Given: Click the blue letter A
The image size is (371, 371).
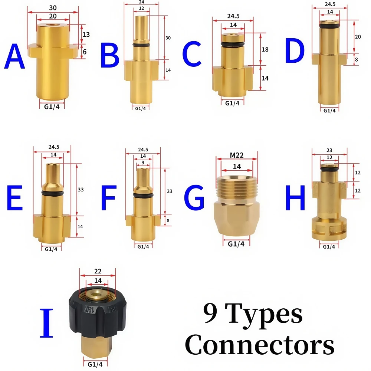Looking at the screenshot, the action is pos(15,56).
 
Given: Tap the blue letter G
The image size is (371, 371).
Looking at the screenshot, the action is pos(194,197).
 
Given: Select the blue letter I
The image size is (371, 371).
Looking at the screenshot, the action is pos(46,323).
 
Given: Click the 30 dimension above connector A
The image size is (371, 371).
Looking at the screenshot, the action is pos(53,8).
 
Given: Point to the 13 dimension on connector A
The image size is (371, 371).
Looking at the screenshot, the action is pos(86,35).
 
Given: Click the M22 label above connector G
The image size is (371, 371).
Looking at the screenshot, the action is pos(237,155).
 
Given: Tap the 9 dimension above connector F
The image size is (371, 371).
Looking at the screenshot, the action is pos(143,162).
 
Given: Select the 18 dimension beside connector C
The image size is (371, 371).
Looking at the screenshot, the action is pos(265,49).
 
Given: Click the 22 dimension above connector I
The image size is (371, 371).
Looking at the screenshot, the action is pos(98,271).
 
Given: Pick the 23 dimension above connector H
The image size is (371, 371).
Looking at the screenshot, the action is pos(329,150).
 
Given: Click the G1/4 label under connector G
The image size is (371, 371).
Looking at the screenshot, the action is pos(236,244).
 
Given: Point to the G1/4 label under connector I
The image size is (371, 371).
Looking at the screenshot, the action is pos(95,364).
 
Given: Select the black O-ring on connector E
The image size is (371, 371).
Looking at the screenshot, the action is pos(52,193).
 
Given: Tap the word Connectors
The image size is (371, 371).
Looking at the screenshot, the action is pos(260,345).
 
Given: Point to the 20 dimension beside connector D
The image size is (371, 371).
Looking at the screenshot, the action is pos(358,37).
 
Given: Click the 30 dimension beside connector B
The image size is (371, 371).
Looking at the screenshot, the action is pos(168,38).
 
